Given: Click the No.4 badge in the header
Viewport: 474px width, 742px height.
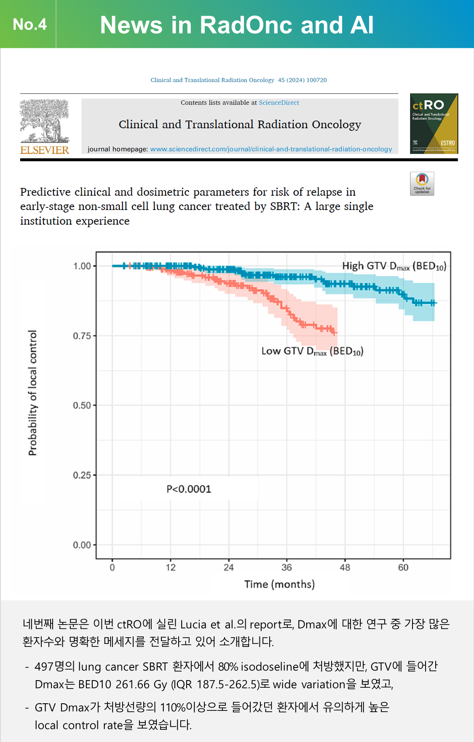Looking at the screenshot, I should [29, 24].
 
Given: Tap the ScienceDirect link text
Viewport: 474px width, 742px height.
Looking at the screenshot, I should [279, 103].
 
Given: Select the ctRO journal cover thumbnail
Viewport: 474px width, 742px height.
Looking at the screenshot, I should [434, 123].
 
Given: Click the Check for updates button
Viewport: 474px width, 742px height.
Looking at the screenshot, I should [422, 184].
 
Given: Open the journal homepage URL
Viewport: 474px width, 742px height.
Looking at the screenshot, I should [271, 149].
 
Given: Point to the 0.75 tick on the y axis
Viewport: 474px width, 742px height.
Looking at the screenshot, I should [82, 336].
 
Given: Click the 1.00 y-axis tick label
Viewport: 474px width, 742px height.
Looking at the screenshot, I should [82, 266].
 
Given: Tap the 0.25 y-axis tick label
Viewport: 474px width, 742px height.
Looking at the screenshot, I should [82, 475].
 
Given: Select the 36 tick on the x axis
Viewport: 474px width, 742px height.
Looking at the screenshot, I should [287, 567].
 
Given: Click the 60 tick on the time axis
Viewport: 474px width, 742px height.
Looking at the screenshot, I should [403, 567].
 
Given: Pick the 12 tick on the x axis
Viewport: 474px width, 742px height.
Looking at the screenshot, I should [170, 567].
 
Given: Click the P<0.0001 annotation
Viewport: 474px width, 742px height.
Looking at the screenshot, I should [189, 489].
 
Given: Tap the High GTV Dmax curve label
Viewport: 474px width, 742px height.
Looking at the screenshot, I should [394, 266].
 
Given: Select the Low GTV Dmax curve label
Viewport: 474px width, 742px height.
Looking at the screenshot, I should [312, 351].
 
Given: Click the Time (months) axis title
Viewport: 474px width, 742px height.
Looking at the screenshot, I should [279, 584].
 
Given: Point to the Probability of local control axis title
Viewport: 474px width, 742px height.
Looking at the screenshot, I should [32, 393].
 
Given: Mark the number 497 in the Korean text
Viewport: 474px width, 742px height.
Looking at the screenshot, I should [44, 667].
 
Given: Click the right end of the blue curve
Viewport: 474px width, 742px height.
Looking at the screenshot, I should [436, 303].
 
